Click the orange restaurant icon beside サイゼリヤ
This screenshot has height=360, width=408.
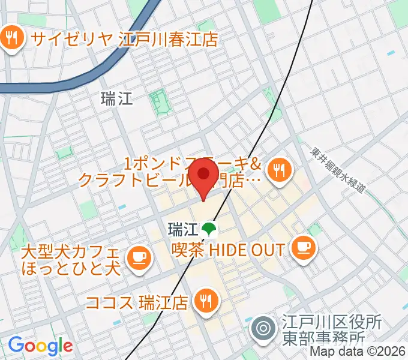point(11,39)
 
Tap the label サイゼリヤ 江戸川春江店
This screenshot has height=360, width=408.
point(124,39)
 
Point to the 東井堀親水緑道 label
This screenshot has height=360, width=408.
point(340,172)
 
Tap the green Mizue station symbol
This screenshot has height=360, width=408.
point(209,229)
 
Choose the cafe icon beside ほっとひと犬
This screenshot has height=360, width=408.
point(139,257)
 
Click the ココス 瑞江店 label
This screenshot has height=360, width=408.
point(137,301)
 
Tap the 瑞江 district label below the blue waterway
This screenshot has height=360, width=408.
point(117,99)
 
